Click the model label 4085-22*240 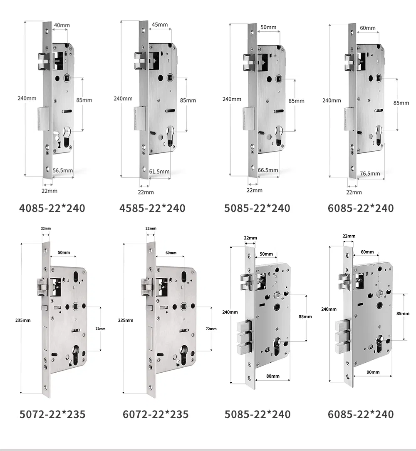pos(52,208)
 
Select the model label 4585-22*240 pos(152,208)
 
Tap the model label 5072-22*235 pos(52,414)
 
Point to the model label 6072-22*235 pos(156,414)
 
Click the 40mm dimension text pos(62,25)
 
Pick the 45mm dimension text pos(160,25)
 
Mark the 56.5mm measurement pos(63,170)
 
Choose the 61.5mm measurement pos(159,171)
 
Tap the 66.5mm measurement pos(268,170)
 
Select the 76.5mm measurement pos(370,173)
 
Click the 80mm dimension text pos(272,376)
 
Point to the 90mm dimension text pos(372,372)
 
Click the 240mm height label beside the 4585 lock pos(123,99)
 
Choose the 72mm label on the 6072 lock pos(211,329)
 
